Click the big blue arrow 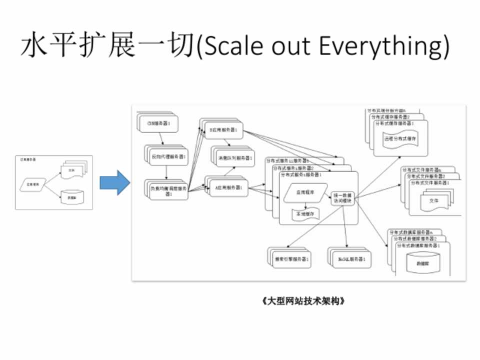point(114,182)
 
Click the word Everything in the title point(380,46)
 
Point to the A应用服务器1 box point(228,187)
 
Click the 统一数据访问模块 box point(342,197)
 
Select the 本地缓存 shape point(304,214)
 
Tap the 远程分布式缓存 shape point(399,138)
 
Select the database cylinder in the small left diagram point(72,198)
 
